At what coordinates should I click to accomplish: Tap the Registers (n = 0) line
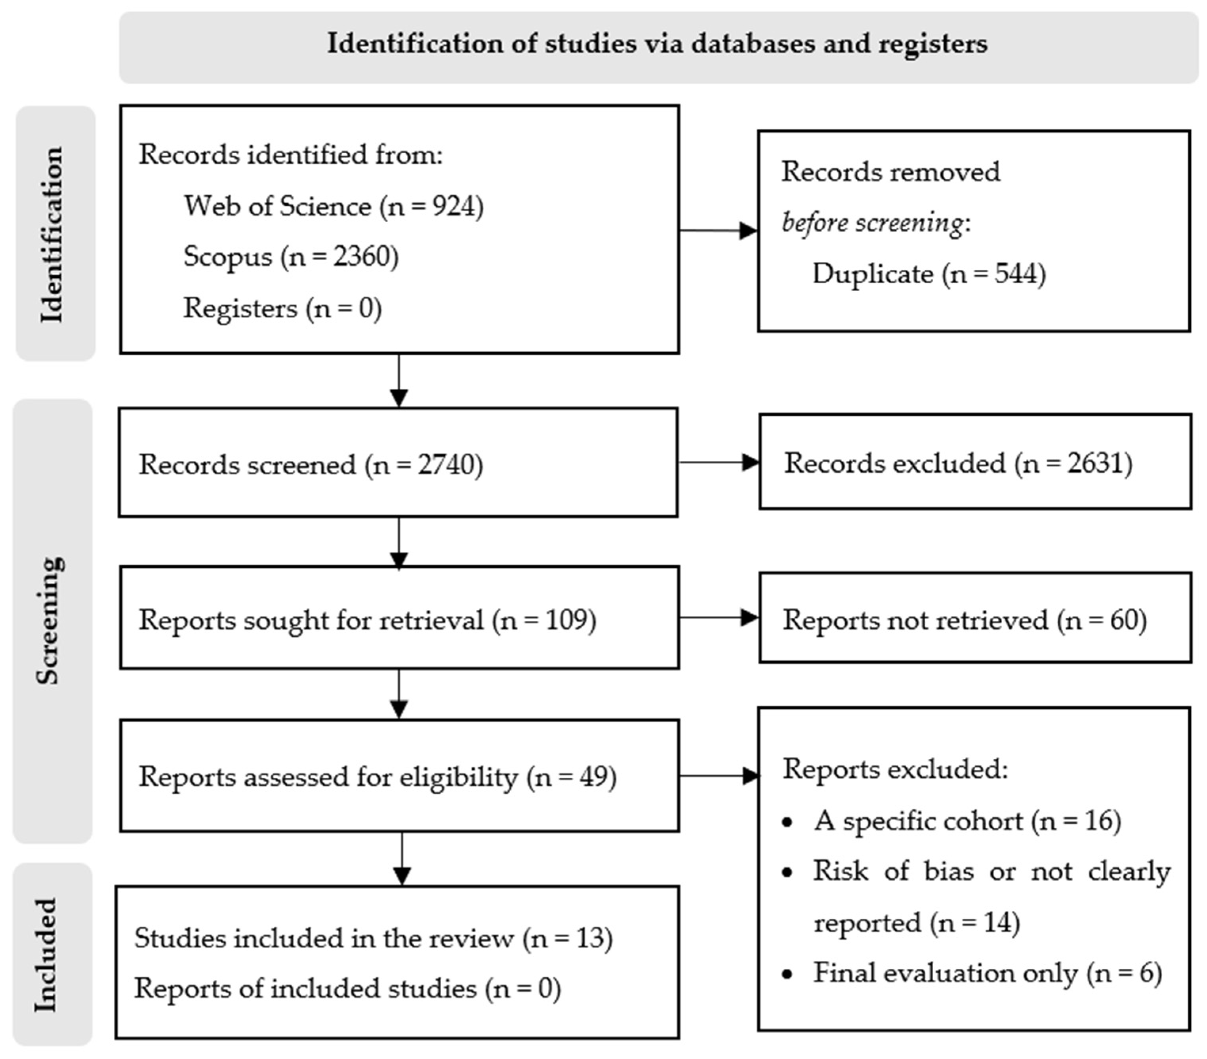[282, 308]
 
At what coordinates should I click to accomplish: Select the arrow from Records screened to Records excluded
[718, 462]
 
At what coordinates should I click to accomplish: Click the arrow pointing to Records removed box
[718, 230]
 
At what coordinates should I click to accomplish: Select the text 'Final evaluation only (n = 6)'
[987, 973]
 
